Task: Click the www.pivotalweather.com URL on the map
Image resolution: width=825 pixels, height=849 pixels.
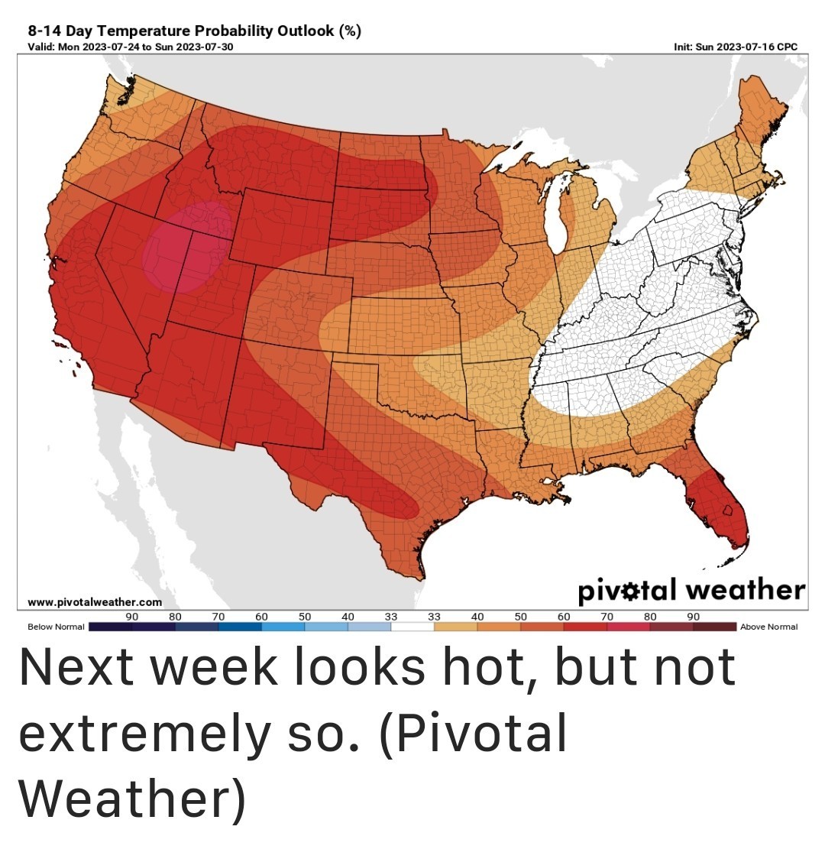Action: coord(95,602)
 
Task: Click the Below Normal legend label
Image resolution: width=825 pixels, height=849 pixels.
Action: coord(56,627)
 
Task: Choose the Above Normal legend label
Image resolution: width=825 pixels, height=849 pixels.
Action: coord(768,627)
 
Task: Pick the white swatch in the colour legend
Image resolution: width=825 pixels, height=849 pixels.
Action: coord(412,627)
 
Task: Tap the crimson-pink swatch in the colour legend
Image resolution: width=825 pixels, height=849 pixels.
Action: coord(629,627)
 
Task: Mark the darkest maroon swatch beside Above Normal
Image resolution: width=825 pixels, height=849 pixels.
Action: coord(715,627)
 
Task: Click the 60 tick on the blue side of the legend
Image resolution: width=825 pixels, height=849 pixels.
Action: coord(261,615)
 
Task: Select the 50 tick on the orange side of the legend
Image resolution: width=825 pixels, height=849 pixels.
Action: coord(521,615)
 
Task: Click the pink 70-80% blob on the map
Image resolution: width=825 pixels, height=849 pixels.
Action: coord(182,249)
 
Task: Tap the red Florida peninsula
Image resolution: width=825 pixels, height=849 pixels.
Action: coord(718,509)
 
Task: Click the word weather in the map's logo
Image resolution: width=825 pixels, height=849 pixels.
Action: coord(745,590)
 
